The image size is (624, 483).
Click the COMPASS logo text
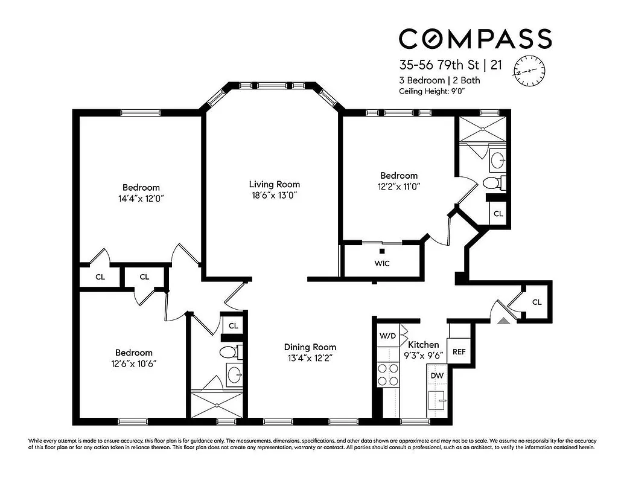(x=475, y=39)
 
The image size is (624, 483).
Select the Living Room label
(x=275, y=184)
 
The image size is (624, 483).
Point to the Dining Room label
(x=310, y=347)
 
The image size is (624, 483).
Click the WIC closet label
(x=381, y=263)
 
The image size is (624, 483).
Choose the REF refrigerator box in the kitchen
(x=459, y=351)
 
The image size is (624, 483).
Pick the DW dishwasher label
(x=438, y=375)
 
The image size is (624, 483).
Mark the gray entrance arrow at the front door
(x=502, y=321)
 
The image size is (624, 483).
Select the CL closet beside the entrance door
(x=536, y=302)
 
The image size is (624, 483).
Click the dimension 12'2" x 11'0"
(x=395, y=187)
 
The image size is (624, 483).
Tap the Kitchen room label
(x=424, y=344)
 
